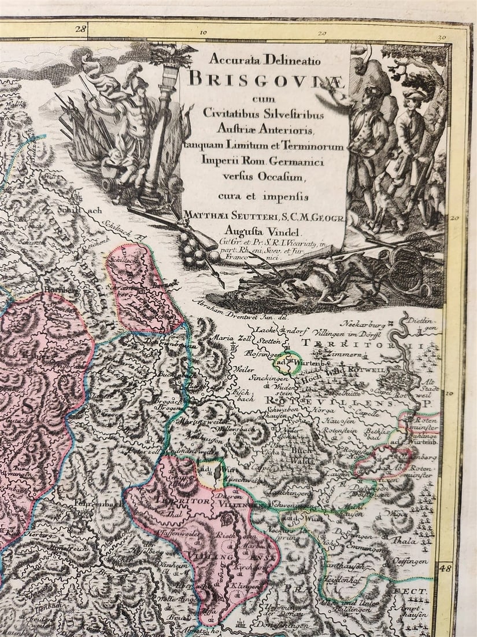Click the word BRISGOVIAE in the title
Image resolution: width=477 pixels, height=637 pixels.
pyautogui.click(x=267, y=78)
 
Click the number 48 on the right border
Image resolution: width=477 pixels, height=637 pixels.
pyautogui.click(x=445, y=569)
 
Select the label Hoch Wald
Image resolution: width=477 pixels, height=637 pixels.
pyautogui.click(x=317, y=374)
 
